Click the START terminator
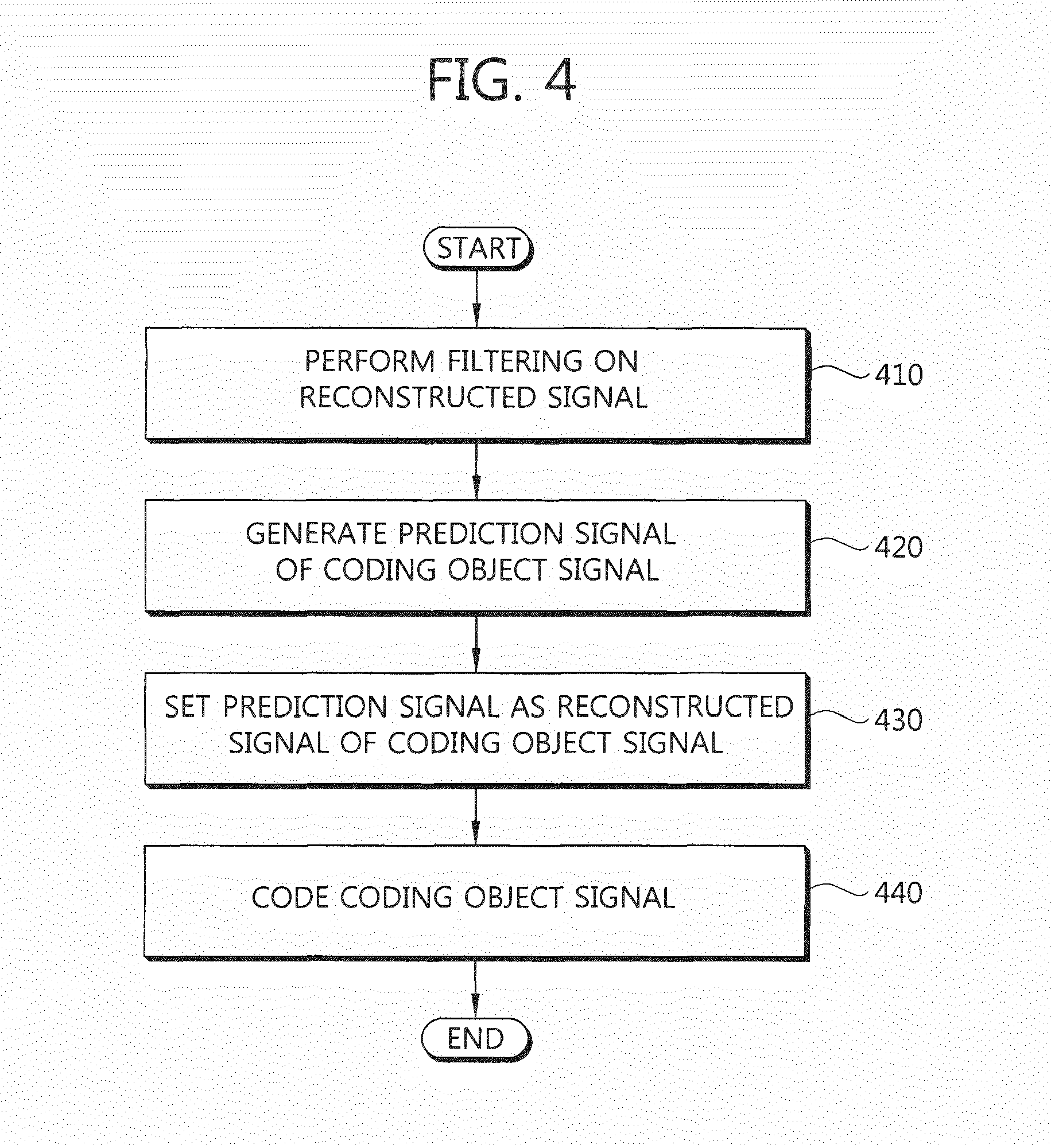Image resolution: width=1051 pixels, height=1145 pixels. point(478,250)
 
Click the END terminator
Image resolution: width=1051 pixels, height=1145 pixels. point(476,1039)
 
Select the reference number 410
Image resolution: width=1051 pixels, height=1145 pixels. point(898,375)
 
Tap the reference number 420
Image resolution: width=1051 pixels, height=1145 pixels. point(898,547)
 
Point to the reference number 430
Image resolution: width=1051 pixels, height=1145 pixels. point(898,720)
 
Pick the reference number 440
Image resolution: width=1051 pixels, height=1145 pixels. point(898,893)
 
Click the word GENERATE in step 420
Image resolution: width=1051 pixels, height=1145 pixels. point(317,534)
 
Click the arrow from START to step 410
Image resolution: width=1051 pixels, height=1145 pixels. point(476,299)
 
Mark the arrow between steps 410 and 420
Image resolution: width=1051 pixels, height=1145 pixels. point(476,471)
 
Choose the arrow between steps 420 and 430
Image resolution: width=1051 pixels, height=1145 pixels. point(476,644)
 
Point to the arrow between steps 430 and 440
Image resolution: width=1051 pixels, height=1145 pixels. point(476,816)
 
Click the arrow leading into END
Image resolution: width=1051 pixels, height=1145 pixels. point(475,990)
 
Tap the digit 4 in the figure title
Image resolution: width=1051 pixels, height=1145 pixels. point(559,80)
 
